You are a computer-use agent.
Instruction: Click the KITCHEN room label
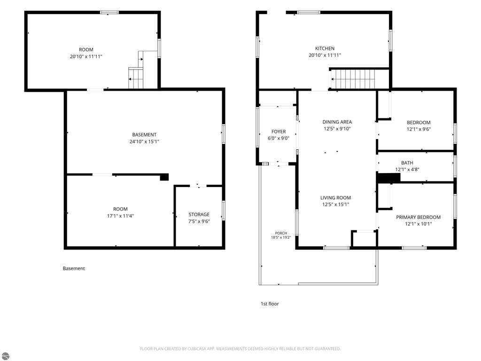325,48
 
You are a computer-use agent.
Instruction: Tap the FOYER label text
279,132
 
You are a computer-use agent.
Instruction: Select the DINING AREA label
337,122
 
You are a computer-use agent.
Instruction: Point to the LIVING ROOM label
335,198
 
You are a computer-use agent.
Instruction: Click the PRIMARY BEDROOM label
418,217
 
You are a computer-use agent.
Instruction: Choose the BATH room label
407,163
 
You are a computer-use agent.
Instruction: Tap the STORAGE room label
199,214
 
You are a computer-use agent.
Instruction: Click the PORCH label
281,233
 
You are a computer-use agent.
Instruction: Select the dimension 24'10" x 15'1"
144,141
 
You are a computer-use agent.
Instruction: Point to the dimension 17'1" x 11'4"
120,216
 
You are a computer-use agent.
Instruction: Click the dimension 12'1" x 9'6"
419,129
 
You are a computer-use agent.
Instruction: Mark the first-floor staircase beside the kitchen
353,79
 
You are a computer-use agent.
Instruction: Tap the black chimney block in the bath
388,178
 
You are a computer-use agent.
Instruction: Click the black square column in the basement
164,177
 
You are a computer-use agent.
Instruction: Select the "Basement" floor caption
74,268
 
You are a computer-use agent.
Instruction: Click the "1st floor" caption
270,304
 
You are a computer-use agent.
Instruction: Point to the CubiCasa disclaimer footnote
240,349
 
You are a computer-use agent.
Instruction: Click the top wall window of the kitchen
309,13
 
